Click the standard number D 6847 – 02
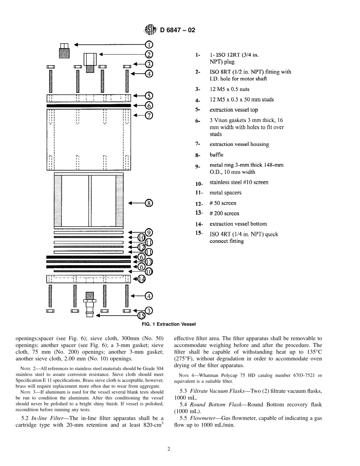(x=178, y=30)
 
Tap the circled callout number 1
(x=149, y=45)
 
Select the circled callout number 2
(x=149, y=55)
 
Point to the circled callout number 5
(x=149, y=96)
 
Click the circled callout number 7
(x=149, y=116)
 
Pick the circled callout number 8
(x=149, y=203)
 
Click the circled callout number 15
(x=141, y=315)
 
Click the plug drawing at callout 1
(x=64, y=50)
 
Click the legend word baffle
(x=216, y=155)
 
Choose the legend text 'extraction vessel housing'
(x=239, y=144)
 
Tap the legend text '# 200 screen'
(x=224, y=214)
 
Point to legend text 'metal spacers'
(x=225, y=193)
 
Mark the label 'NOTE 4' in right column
(x=185, y=375)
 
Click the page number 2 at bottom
(x=169, y=449)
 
